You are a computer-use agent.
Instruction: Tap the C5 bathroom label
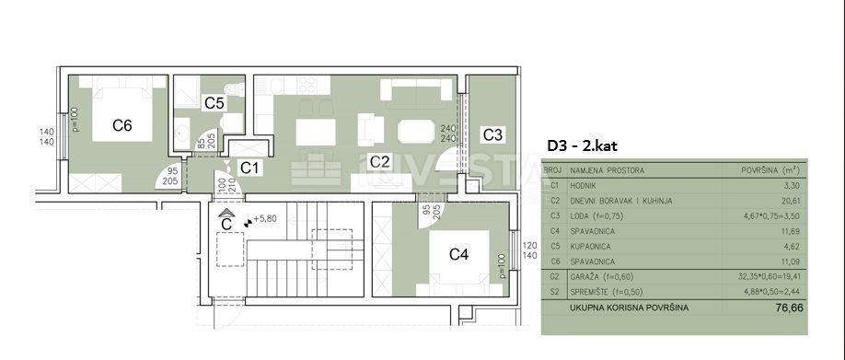(214, 103)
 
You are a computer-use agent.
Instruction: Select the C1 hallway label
(250, 167)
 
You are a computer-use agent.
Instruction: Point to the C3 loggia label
(492, 134)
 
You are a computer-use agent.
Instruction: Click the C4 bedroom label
(459, 253)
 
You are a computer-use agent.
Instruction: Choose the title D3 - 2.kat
(583, 145)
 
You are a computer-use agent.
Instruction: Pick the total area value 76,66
(789, 308)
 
